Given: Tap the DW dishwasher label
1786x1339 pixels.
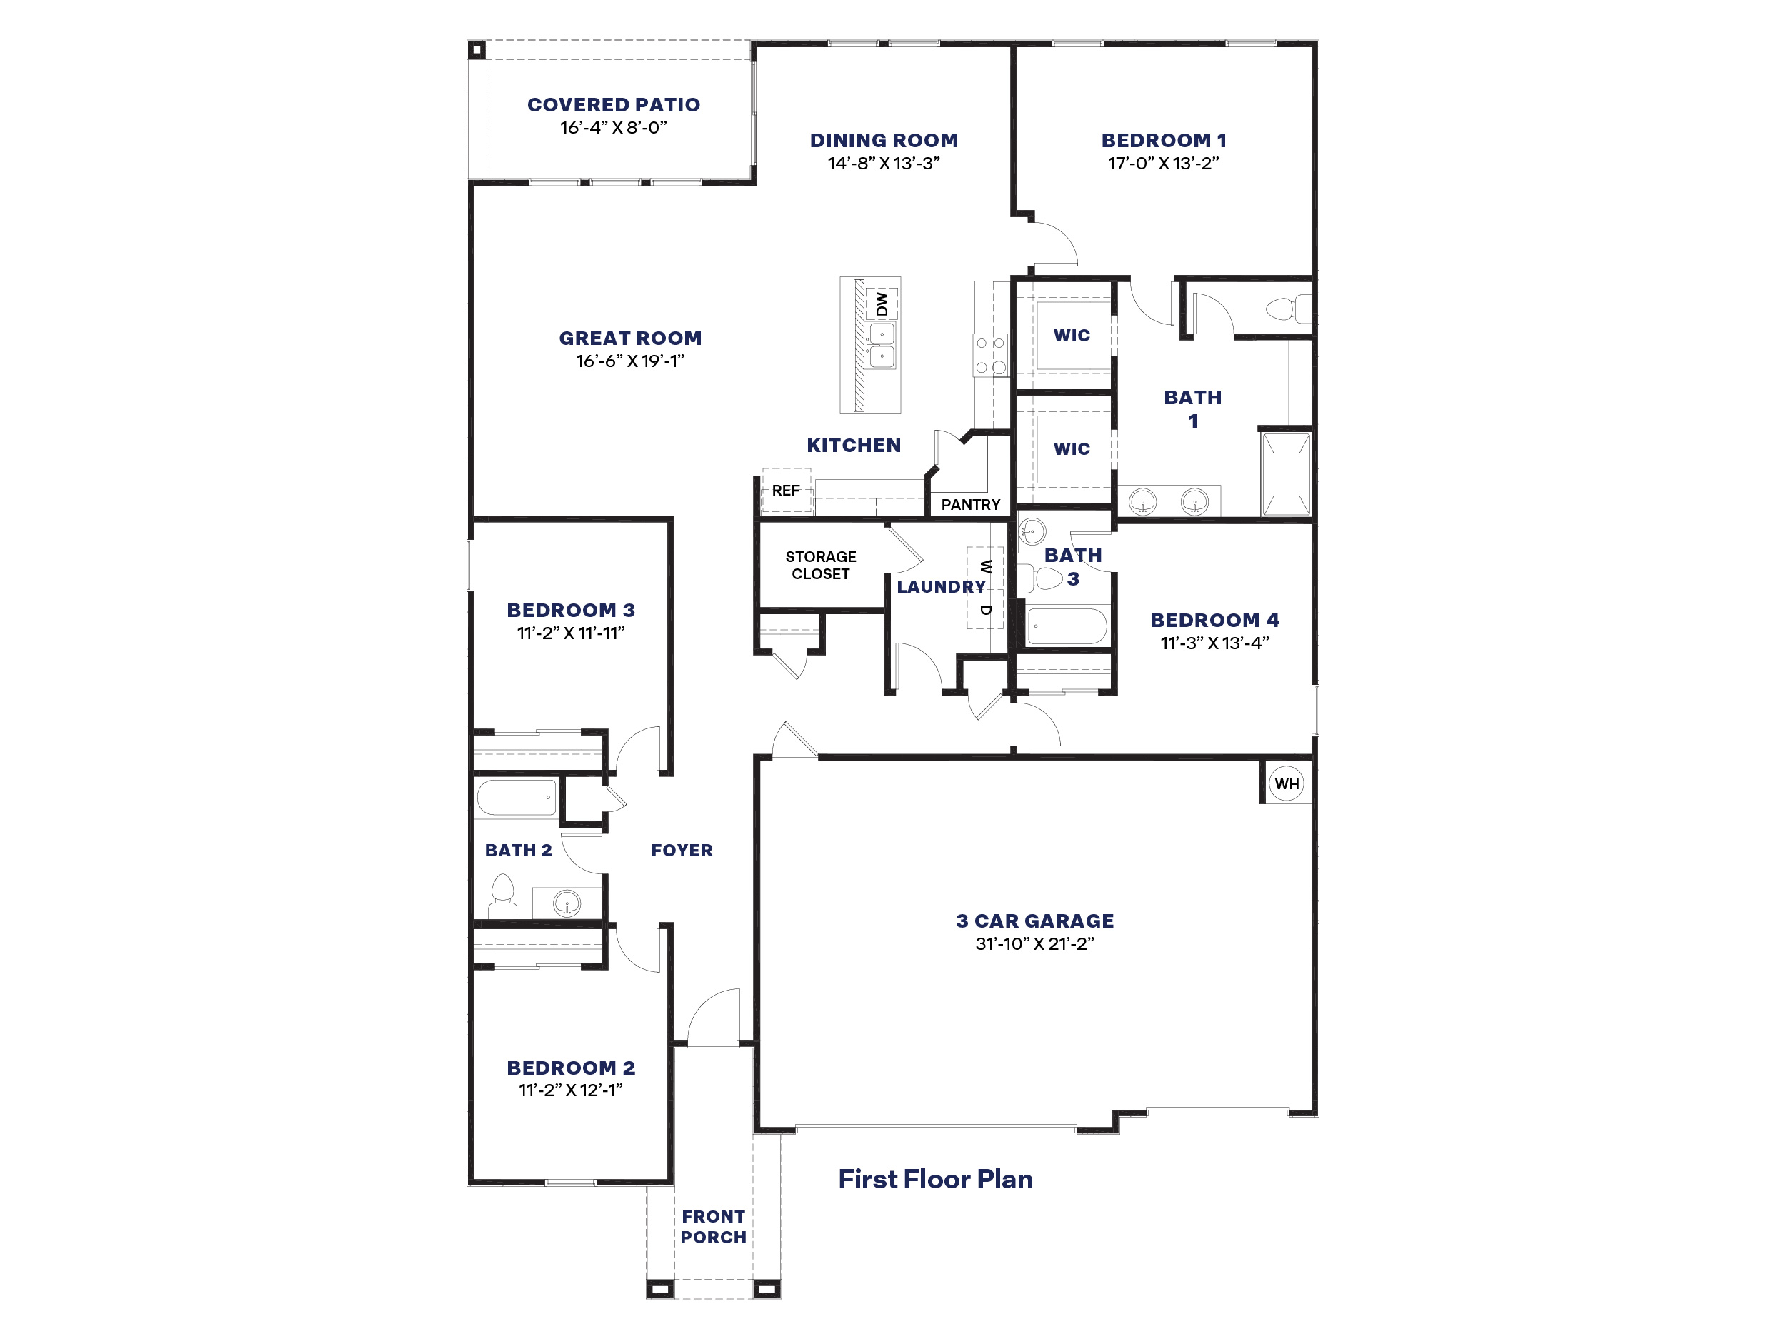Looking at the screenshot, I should [x=882, y=304].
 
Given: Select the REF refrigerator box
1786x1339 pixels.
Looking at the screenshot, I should [x=786, y=491].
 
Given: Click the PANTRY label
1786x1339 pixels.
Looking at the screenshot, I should [x=970, y=504].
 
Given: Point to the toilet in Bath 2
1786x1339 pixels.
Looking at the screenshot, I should [x=502, y=896].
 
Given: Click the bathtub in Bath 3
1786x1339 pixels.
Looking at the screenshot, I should [x=1067, y=626].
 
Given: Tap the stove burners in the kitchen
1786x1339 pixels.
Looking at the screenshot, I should [x=991, y=355].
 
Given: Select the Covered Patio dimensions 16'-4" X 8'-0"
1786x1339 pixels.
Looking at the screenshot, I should [x=613, y=128].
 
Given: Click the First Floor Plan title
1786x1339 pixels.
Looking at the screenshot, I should [x=935, y=1179].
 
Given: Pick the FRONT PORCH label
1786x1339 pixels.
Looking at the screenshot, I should [x=713, y=1227].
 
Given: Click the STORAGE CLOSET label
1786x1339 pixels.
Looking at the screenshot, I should [x=820, y=565].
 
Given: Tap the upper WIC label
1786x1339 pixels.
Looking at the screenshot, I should [x=1072, y=336].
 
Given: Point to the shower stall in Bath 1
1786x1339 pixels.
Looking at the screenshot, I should [x=1286, y=473].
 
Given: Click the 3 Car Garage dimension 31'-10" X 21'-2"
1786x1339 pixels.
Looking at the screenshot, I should [x=1034, y=943].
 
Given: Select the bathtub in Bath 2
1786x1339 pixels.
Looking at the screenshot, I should [x=517, y=798].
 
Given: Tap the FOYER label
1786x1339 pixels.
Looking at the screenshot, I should [x=682, y=850].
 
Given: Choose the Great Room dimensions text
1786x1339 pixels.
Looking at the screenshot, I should [x=630, y=361].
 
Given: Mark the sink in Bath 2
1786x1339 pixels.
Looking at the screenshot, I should [x=567, y=903].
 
